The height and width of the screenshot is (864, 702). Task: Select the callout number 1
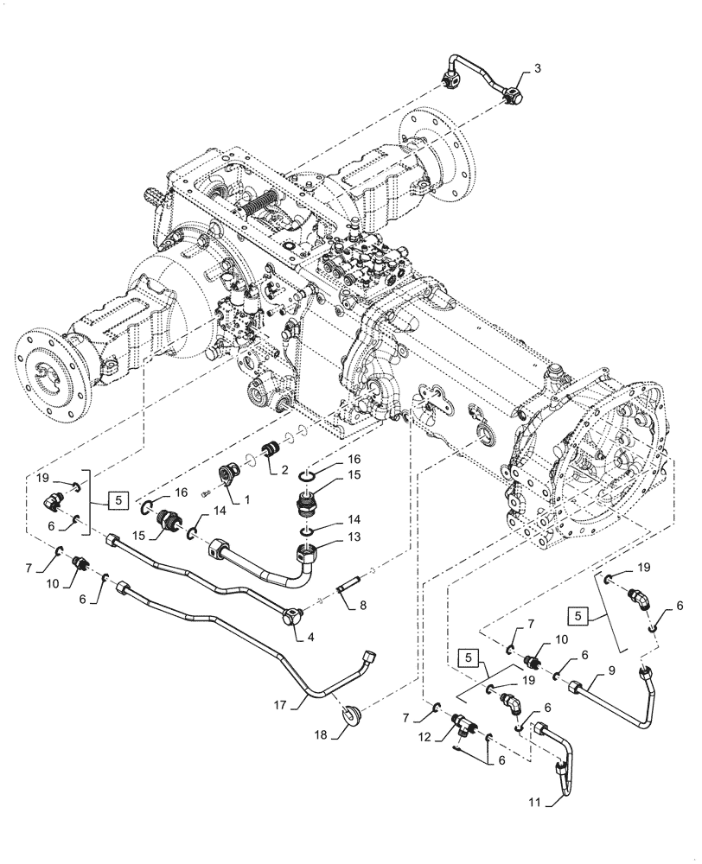(246, 499)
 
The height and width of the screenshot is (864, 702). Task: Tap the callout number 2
(284, 470)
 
